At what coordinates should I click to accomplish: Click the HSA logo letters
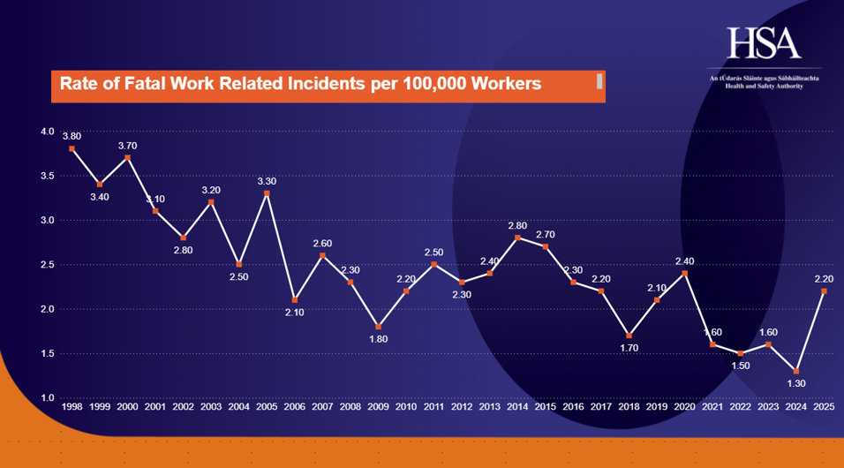tap(764, 42)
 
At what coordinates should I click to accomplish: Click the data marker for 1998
tap(72, 148)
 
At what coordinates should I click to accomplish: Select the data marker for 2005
tap(267, 193)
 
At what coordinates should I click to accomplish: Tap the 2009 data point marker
tap(378, 327)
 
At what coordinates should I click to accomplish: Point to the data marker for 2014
tap(517, 238)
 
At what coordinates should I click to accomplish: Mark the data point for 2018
tap(629, 336)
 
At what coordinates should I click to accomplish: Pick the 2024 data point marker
tap(795, 371)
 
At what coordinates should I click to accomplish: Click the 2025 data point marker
tap(823, 291)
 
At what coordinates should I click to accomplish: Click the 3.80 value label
tap(72, 136)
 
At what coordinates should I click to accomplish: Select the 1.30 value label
tap(795, 384)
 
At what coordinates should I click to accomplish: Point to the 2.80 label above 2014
tap(517, 225)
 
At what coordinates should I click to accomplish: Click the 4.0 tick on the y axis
tap(47, 132)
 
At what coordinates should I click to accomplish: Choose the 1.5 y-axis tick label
tap(47, 353)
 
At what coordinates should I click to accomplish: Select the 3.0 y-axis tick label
tap(47, 220)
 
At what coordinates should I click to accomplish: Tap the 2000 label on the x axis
tap(127, 408)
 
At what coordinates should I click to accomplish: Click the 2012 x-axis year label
tap(461, 408)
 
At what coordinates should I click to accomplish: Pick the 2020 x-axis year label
tap(684, 408)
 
